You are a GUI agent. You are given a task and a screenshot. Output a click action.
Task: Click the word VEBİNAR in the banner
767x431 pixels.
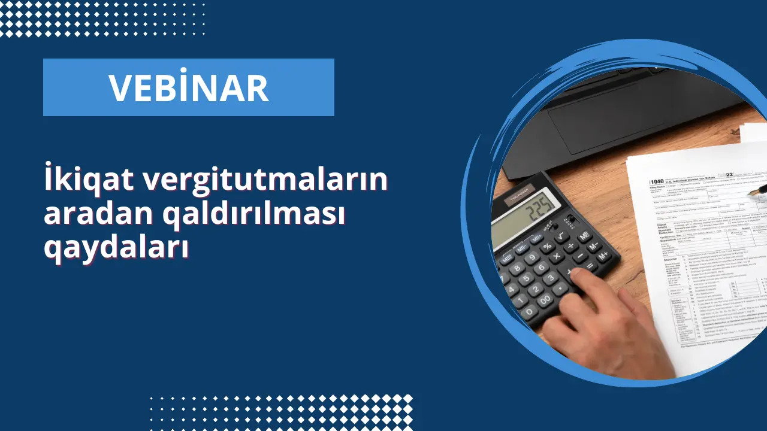[188, 87]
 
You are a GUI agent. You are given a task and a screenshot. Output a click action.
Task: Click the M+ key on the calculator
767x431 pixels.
[603, 255]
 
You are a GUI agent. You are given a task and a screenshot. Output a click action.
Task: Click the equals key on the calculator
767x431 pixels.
[590, 265]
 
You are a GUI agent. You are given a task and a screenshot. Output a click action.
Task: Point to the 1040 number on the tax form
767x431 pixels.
[657, 181]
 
